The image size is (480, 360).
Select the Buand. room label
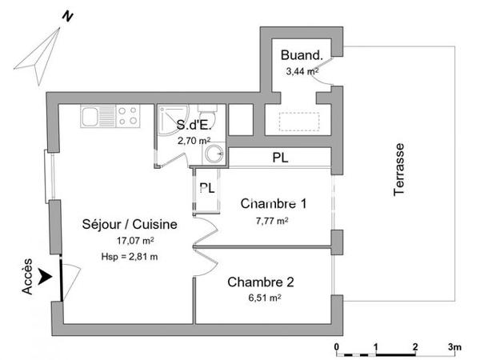click(302, 57)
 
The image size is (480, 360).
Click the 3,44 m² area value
click(302, 71)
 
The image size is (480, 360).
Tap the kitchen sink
click(94, 118)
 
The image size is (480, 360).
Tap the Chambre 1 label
click(273, 204)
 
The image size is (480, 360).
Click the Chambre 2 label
click(260, 282)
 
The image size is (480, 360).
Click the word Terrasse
click(399, 169)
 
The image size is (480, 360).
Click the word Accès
click(29, 277)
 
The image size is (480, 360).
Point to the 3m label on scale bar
click(454, 346)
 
